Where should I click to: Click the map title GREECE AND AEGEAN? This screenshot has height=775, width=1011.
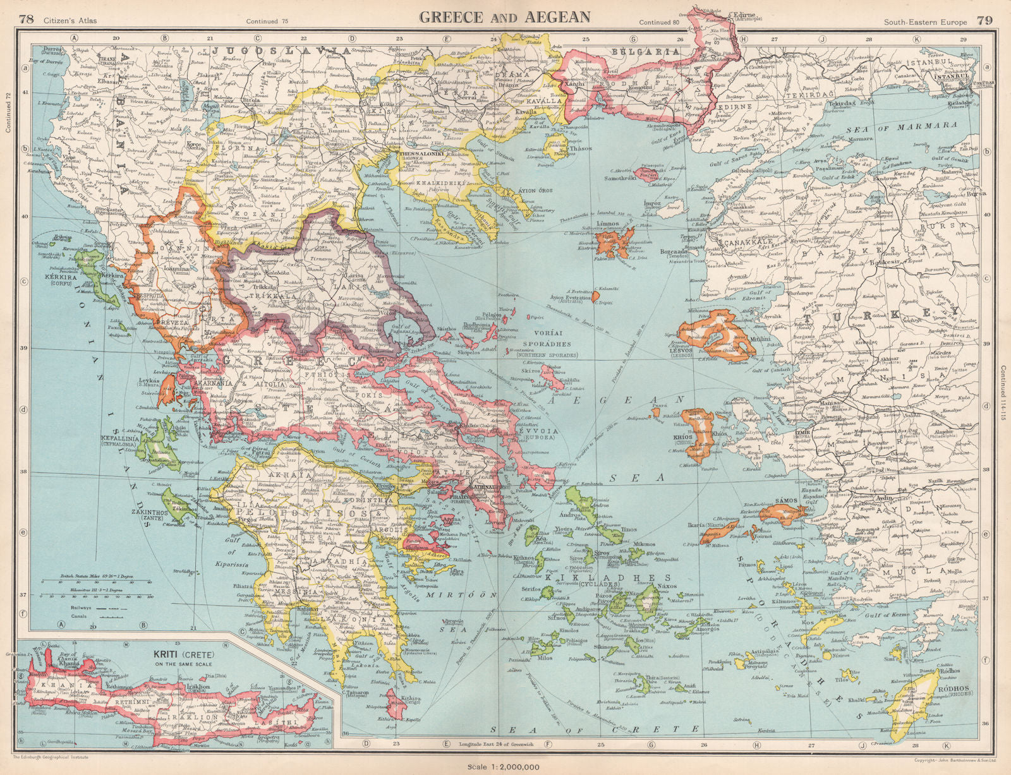click(x=504, y=17)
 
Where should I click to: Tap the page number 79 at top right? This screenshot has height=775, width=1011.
click(x=984, y=20)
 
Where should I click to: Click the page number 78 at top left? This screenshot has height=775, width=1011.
click(x=26, y=20)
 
